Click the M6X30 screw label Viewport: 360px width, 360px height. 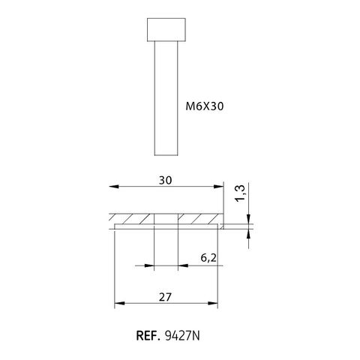click(x=205, y=106)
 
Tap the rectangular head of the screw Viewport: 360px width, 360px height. click(x=166, y=29)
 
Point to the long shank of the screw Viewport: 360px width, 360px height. click(x=166, y=98)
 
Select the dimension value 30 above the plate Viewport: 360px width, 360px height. click(x=166, y=180)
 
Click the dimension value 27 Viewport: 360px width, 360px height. click(x=166, y=297)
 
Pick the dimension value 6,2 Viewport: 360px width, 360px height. click(x=208, y=258)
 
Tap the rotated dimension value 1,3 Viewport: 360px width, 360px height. click(x=240, y=193)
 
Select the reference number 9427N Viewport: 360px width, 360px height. click(x=182, y=336)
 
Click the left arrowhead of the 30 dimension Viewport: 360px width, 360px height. click(x=114, y=187)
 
